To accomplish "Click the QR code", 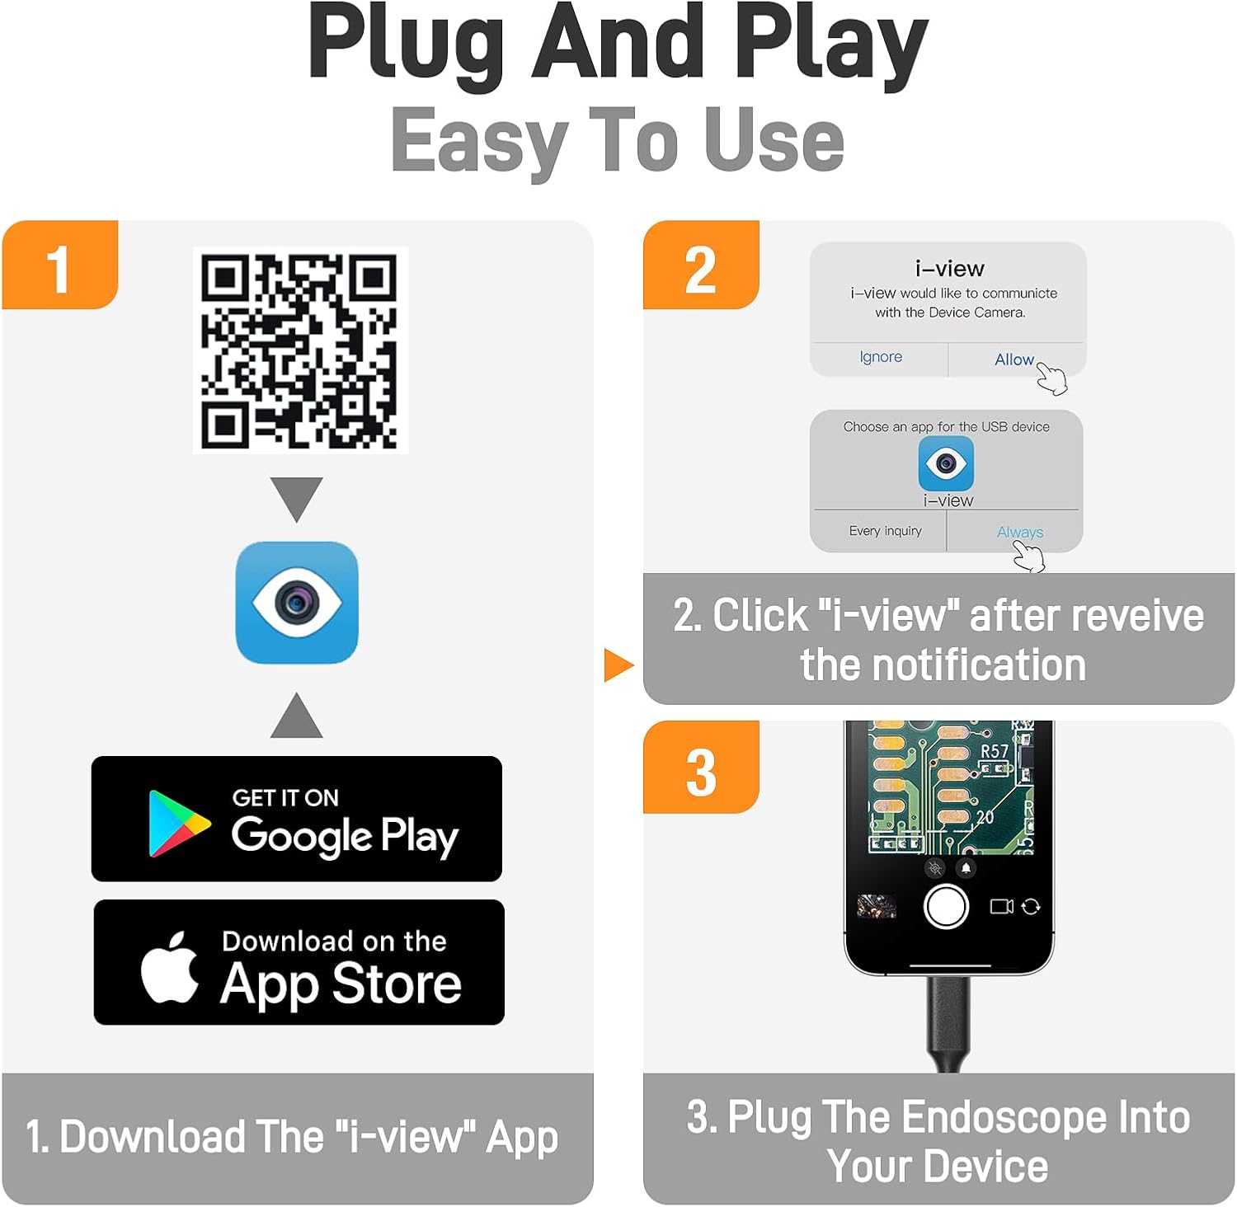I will [299, 350].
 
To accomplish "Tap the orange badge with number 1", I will [59, 266].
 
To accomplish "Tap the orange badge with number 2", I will [700, 266].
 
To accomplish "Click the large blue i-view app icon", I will [297, 603].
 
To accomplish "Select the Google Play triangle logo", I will [176, 824].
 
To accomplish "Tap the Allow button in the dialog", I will [1014, 359].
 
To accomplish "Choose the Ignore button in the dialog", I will [880, 357].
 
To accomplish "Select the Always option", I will [1019, 532].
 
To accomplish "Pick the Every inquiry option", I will [885, 531].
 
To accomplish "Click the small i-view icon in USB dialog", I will [946, 463].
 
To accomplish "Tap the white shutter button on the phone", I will [946, 906].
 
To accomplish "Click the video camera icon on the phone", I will [1001, 906].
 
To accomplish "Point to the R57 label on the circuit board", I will [994, 751].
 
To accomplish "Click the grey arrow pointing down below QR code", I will [297, 496].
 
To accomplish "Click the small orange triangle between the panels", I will [617, 665].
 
